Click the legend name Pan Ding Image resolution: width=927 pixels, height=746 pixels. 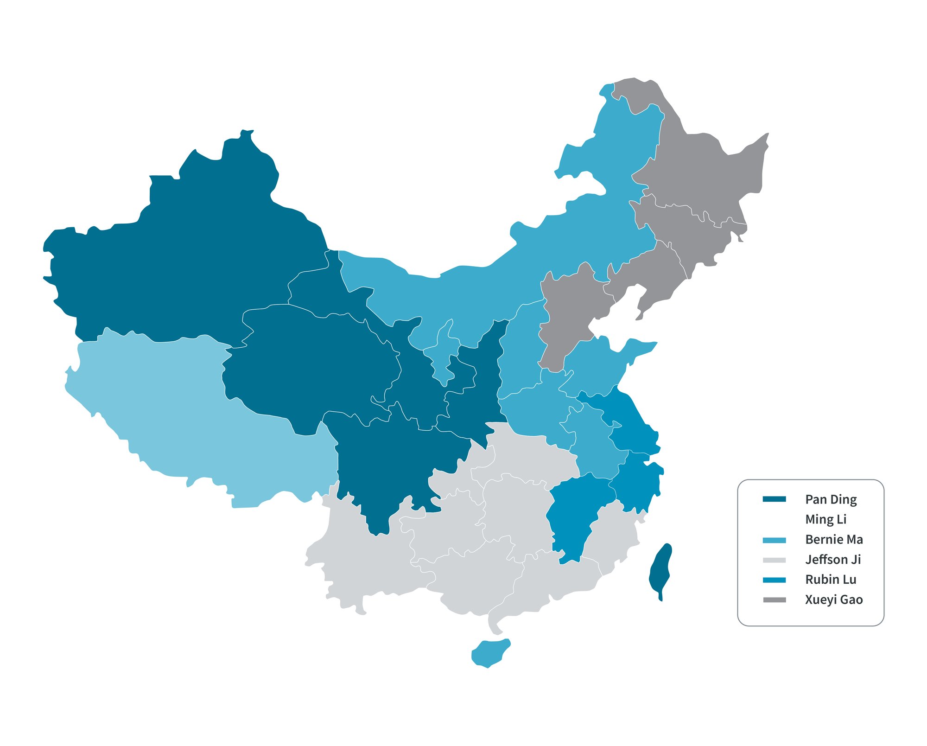coord(831,499)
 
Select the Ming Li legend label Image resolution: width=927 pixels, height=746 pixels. coord(825,519)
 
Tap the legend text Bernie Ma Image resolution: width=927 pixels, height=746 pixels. coord(834,539)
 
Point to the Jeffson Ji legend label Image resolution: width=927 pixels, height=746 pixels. coord(833,560)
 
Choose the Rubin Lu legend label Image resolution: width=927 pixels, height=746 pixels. coord(831,580)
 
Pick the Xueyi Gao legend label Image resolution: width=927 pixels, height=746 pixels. coord(834,599)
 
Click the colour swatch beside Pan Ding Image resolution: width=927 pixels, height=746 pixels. coord(774,499)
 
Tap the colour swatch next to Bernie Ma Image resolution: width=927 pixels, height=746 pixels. coord(774,540)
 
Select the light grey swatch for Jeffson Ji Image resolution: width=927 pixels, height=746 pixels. coord(774,560)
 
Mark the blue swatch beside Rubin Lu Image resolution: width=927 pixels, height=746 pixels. coord(774,580)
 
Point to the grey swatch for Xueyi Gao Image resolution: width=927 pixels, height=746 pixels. coord(774,600)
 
